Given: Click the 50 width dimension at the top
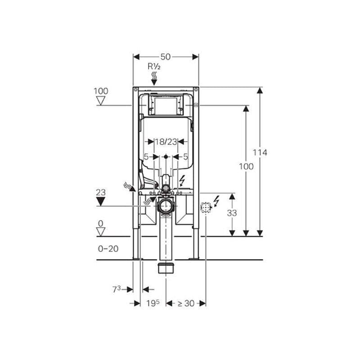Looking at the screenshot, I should pyautogui.click(x=166, y=57).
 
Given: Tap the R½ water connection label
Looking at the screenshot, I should pyautogui.click(x=154, y=66).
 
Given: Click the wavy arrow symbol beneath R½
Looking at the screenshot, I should pyautogui.click(x=154, y=78).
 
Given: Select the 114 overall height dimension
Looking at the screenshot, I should pyautogui.click(x=260, y=153).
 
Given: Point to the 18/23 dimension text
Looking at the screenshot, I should pyautogui.click(x=166, y=142).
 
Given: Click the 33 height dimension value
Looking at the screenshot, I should pyautogui.click(x=232, y=213).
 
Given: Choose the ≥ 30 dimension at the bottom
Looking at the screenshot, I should pyautogui.click(x=185, y=303).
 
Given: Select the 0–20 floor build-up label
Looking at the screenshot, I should pyautogui.click(x=108, y=248).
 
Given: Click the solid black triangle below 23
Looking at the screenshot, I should pyautogui.click(x=101, y=202).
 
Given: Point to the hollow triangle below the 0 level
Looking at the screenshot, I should pyautogui.click(x=101, y=232).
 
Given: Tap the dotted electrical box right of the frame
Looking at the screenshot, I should pyautogui.click(x=206, y=207).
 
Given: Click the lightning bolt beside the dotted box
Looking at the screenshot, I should pyautogui.click(x=216, y=201).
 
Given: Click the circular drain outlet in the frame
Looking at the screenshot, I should pyautogui.click(x=166, y=206).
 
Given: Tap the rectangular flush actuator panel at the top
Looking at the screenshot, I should pyautogui.click(x=166, y=105).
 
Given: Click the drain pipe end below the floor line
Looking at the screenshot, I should pyautogui.click(x=166, y=269).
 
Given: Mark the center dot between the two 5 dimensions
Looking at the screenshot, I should pyautogui.click(x=166, y=157).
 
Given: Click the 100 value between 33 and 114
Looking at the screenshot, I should pyautogui.click(x=246, y=166).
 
